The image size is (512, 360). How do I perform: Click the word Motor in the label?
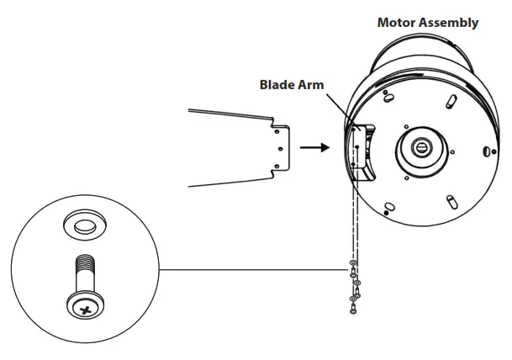[395, 23]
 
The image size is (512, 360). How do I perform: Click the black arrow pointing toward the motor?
[313, 147]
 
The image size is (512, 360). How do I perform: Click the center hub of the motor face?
[420, 146]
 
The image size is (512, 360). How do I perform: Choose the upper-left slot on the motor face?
[388, 98]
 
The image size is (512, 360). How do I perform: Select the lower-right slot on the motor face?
[451, 200]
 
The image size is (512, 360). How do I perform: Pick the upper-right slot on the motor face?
[451, 101]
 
